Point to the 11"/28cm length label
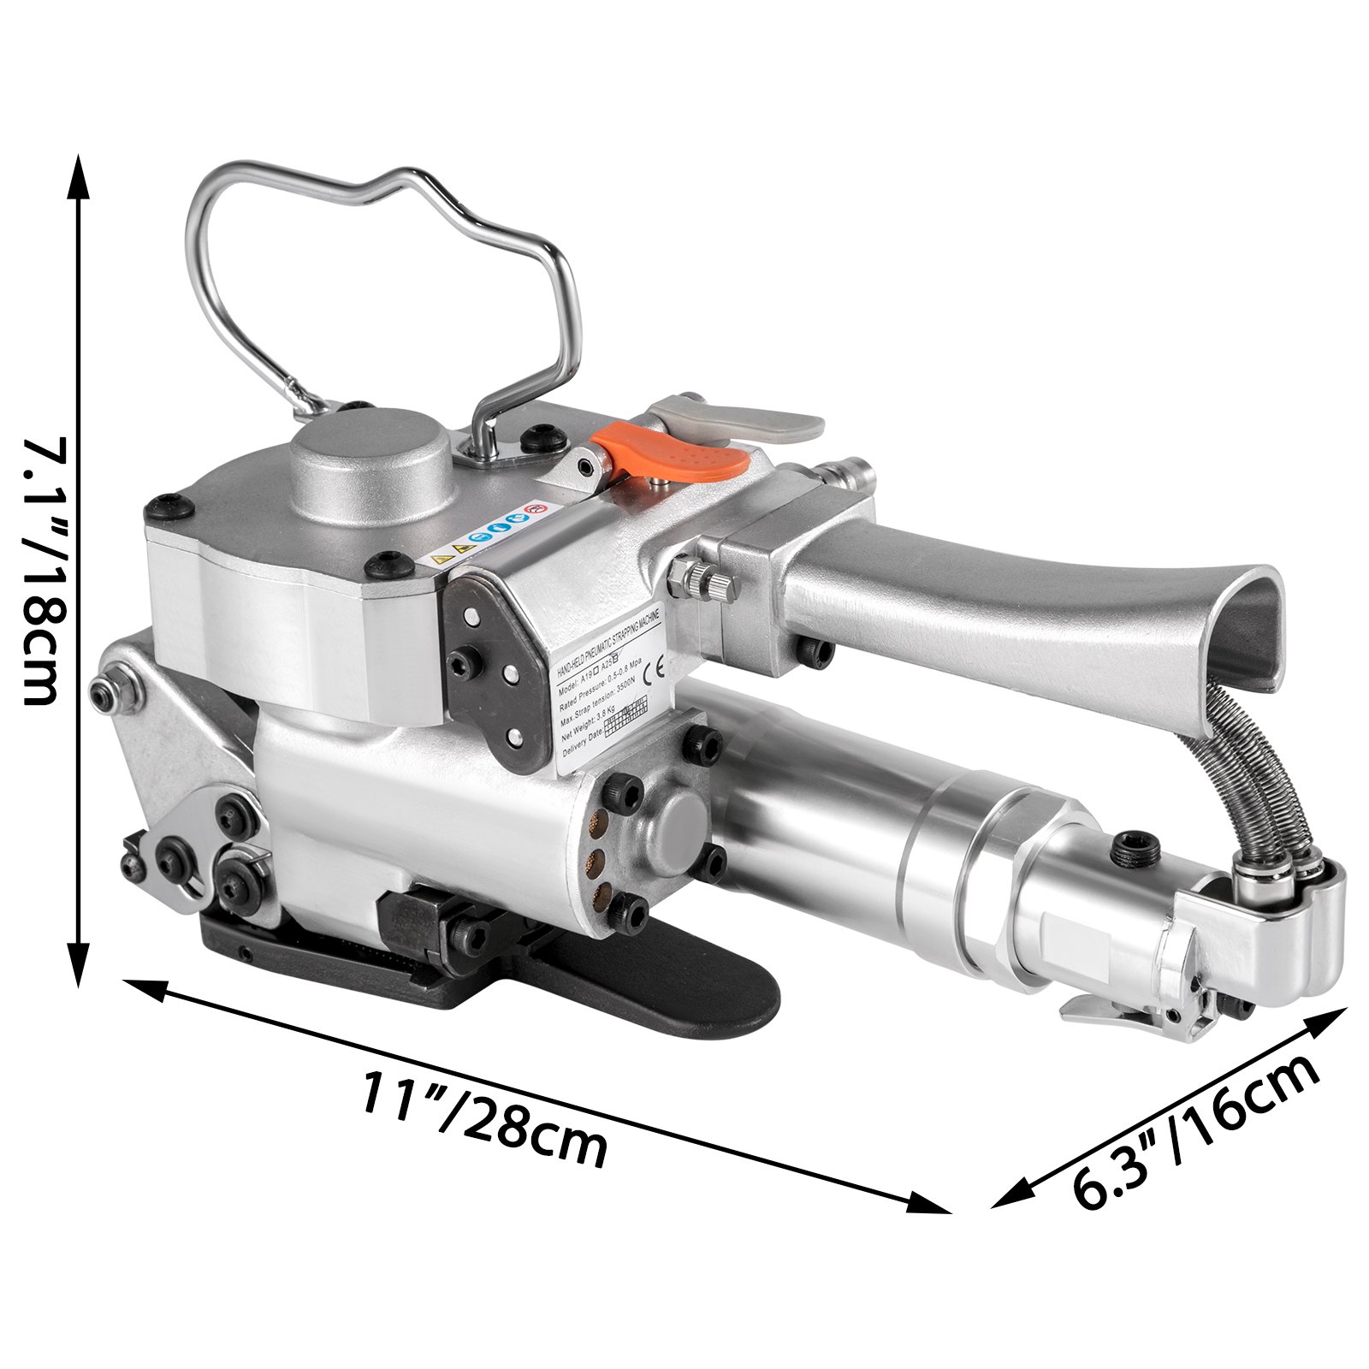[483, 1116]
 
